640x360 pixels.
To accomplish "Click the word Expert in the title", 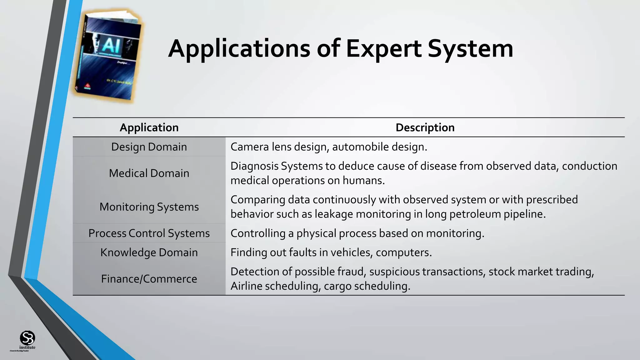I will [384, 49].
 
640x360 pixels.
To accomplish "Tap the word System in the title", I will [470, 49].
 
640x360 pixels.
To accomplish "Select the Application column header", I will [149, 127].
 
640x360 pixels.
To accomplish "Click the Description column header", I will [425, 127].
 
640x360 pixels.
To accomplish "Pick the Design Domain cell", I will [149, 147].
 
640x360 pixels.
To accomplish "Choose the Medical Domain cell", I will [149, 173].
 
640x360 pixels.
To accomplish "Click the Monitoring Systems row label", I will [149, 207].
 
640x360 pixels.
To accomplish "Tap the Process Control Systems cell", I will [149, 233].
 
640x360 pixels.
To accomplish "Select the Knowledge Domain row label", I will [149, 252].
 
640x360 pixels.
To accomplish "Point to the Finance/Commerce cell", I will [149, 279].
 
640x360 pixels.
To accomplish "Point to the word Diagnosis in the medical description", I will [254, 166].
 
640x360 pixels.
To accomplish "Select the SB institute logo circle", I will [27, 338].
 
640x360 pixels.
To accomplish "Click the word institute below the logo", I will [27, 347].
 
